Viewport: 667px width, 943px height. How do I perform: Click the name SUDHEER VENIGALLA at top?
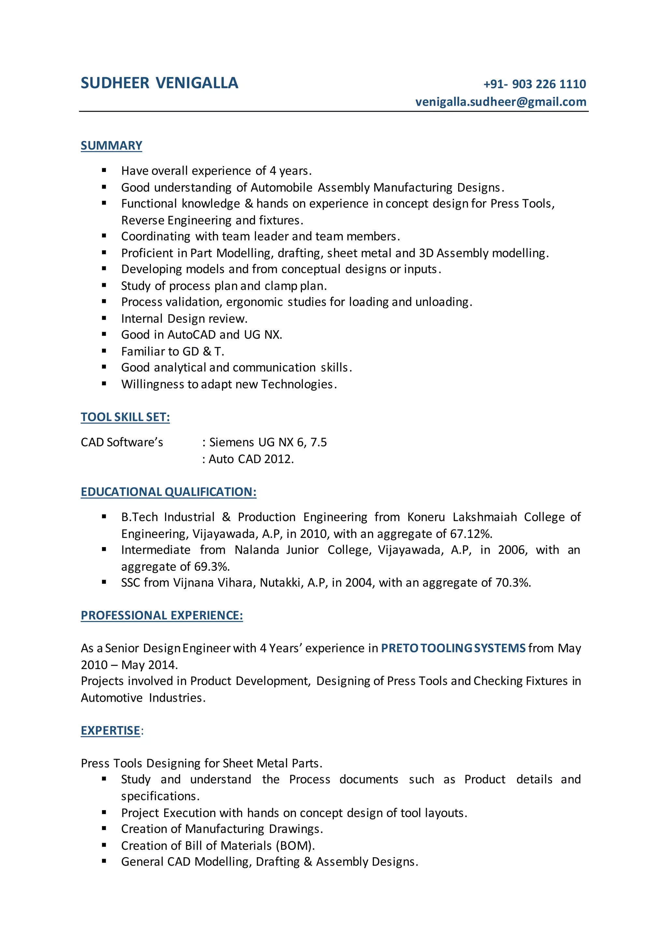(x=159, y=83)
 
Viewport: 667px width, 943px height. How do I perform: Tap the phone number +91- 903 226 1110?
(x=534, y=84)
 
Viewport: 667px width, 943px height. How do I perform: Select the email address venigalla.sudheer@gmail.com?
(x=501, y=102)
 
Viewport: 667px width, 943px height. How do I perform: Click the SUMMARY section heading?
(x=111, y=146)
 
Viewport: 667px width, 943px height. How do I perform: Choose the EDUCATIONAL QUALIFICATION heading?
(x=168, y=492)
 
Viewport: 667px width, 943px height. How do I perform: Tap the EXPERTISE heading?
(x=110, y=731)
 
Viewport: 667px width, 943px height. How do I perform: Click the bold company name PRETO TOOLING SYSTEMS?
(x=453, y=648)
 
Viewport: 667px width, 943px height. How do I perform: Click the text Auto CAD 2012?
(x=251, y=459)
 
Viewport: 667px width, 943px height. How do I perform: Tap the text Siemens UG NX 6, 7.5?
(x=268, y=442)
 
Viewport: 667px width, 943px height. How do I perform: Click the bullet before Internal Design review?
(x=104, y=318)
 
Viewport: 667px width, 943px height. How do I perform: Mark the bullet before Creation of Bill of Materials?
(x=104, y=845)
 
